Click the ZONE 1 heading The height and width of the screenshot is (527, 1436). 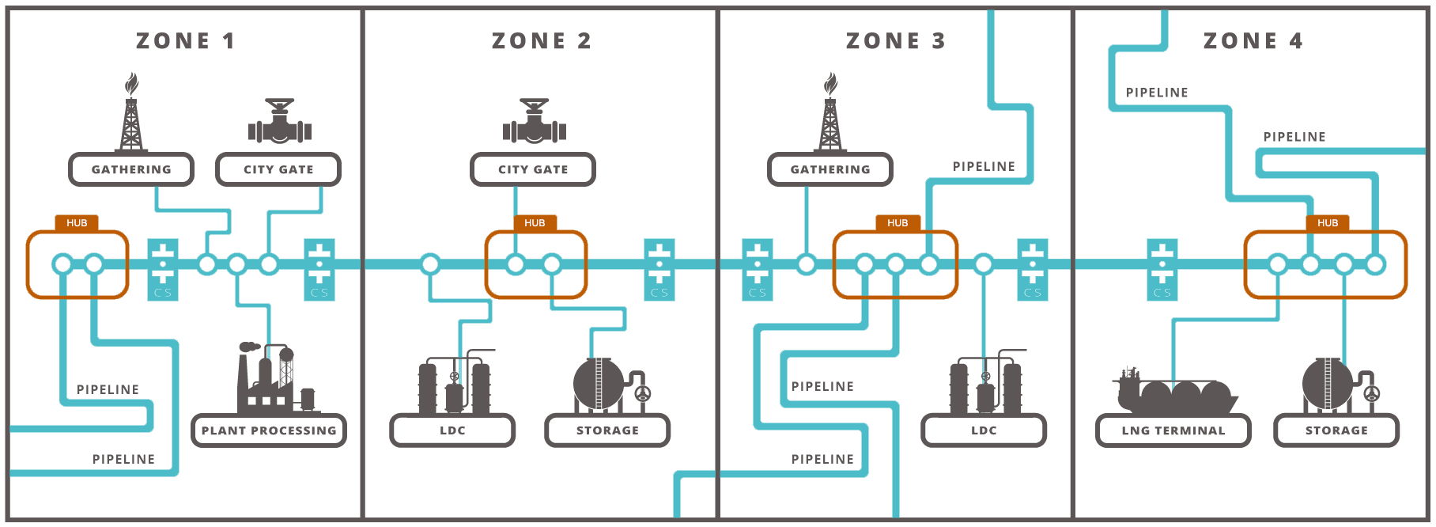pyautogui.click(x=186, y=41)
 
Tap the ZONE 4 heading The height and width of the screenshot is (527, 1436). pyautogui.click(x=1253, y=41)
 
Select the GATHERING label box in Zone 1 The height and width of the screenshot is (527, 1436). pyautogui.click(x=131, y=169)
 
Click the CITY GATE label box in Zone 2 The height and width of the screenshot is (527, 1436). pyautogui.click(x=532, y=169)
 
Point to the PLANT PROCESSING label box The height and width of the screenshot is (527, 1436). pyautogui.click(x=269, y=430)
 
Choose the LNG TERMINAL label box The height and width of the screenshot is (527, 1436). pyautogui.click(x=1173, y=430)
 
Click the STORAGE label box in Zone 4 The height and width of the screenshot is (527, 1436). pyautogui.click(x=1336, y=430)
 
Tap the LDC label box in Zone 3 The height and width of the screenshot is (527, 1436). pyautogui.click(x=984, y=430)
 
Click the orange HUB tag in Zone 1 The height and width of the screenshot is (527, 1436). pyautogui.click(x=77, y=223)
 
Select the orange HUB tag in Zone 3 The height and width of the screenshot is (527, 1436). pyautogui.click(x=897, y=223)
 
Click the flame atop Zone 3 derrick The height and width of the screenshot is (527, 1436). pyautogui.click(x=830, y=83)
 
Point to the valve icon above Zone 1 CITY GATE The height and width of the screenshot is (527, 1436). pyautogui.click(x=280, y=122)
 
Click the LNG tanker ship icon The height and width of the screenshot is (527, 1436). pyautogui.click(x=1173, y=391)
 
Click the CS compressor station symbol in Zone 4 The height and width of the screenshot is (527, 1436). pyautogui.click(x=1162, y=270)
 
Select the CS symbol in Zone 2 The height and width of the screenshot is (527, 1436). pyautogui.click(x=659, y=270)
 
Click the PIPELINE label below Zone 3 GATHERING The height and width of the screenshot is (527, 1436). pyautogui.click(x=822, y=386)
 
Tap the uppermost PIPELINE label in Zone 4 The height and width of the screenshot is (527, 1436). pyautogui.click(x=1156, y=93)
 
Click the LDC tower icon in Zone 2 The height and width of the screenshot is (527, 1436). pyautogui.click(x=454, y=385)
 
